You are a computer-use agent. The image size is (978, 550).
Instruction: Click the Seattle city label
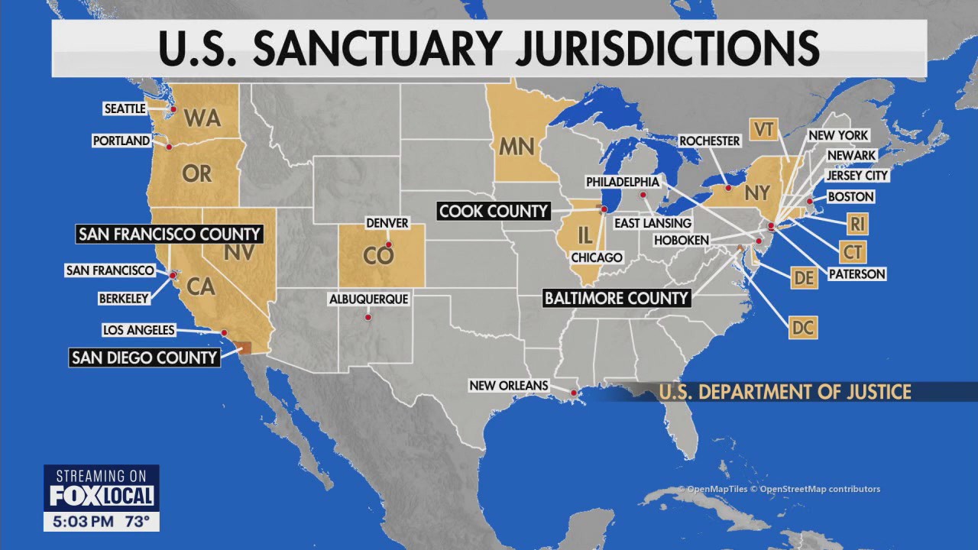click(125, 109)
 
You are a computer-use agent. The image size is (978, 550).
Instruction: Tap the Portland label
click(121, 141)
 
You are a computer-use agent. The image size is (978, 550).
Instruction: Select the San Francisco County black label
click(169, 234)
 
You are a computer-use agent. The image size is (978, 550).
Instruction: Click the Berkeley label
click(123, 299)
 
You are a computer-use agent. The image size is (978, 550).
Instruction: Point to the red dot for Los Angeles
click(224, 332)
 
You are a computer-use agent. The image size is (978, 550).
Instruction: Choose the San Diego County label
click(144, 357)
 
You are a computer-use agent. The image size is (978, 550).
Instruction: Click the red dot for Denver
click(388, 245)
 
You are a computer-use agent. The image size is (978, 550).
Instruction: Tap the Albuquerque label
click(368, 299)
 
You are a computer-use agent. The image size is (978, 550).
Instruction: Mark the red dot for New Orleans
click(573, 393)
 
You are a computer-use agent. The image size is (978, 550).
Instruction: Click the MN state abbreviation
click(517, 145)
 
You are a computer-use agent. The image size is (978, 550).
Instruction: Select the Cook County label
click(493, 211)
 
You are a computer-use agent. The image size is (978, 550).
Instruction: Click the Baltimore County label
click(616, 298)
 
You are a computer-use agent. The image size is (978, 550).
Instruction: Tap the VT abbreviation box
click(763, 129)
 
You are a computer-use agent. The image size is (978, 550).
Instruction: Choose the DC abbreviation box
click(803, 328)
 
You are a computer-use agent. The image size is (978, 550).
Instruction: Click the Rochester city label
click(710, 141)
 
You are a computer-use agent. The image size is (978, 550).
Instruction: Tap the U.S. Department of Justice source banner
click(785, 392)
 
